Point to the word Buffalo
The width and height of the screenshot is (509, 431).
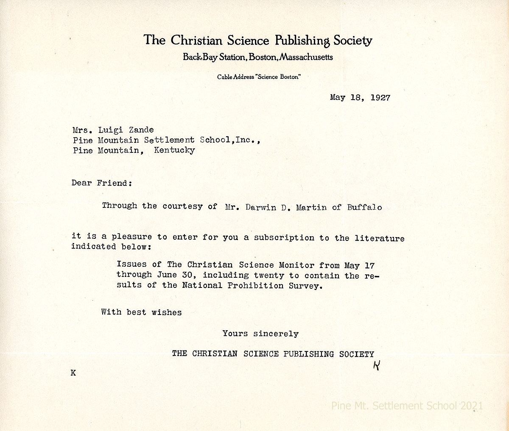click(x=364, y=207)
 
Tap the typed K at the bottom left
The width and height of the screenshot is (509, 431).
click(x=73, y=373)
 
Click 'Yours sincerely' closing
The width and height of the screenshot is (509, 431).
click(x=260, y=334)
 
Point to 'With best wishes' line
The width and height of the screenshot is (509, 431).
click(x=141, y=312)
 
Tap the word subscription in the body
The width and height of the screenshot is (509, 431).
click(x=284, y=238)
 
